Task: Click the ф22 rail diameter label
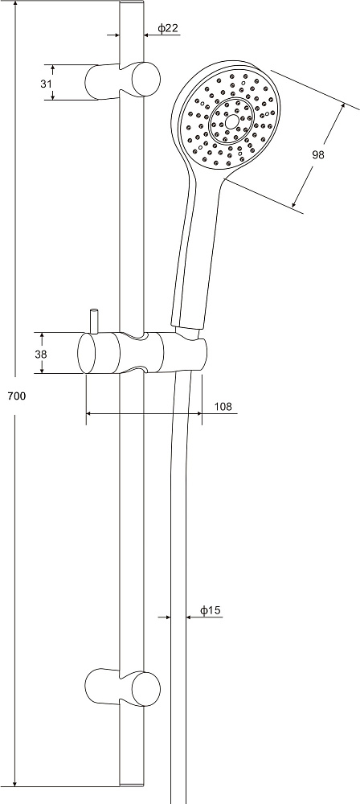coord(168,28)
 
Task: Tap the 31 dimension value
coord(46,84)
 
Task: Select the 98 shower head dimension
coord(318,154)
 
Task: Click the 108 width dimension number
coord(223,407)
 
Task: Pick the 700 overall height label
coord(16,396)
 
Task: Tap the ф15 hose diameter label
coord(211,610)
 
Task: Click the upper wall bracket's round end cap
coord(146,79)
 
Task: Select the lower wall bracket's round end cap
coord(146,687)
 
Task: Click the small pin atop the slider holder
coord(93,322)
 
